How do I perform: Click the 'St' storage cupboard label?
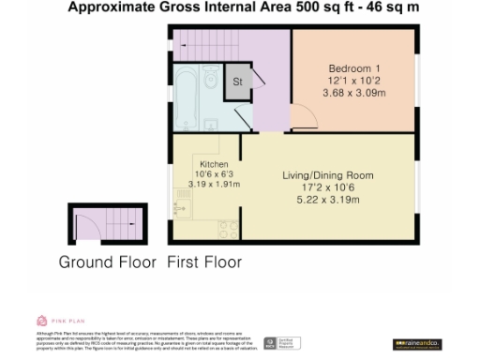click(238, 82)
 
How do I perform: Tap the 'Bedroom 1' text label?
click(353, 69)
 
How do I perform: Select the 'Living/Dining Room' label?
click(328, 175)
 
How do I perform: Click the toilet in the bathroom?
click(212, 74)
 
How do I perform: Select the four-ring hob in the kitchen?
click(228, 228)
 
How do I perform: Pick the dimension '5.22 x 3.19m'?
click(328, 200)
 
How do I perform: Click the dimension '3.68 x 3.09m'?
click(353, 94)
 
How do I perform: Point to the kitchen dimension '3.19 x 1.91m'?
click(207, 185)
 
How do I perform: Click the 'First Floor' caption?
click(203, 262)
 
